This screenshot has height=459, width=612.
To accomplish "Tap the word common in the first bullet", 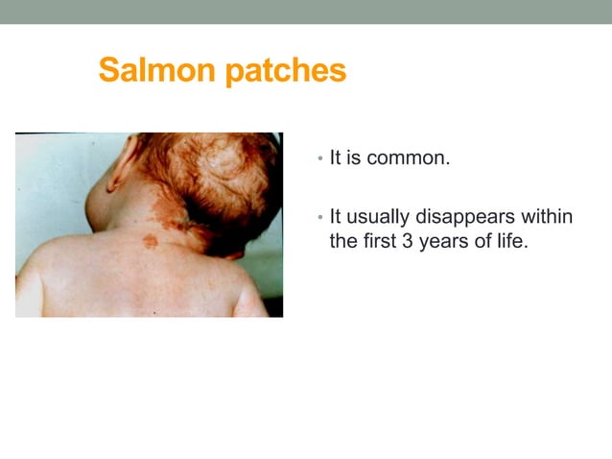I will [x=408, y=157].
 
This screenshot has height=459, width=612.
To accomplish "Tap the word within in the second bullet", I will [x=546, y=217].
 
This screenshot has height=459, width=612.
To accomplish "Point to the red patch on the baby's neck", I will [x=149, y=241].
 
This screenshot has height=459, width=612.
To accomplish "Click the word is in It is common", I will [x=354, y=157].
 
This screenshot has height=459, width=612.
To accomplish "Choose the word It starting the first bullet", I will [x=337, y=157].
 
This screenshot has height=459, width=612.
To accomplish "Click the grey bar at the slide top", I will [x=306, y=12].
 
